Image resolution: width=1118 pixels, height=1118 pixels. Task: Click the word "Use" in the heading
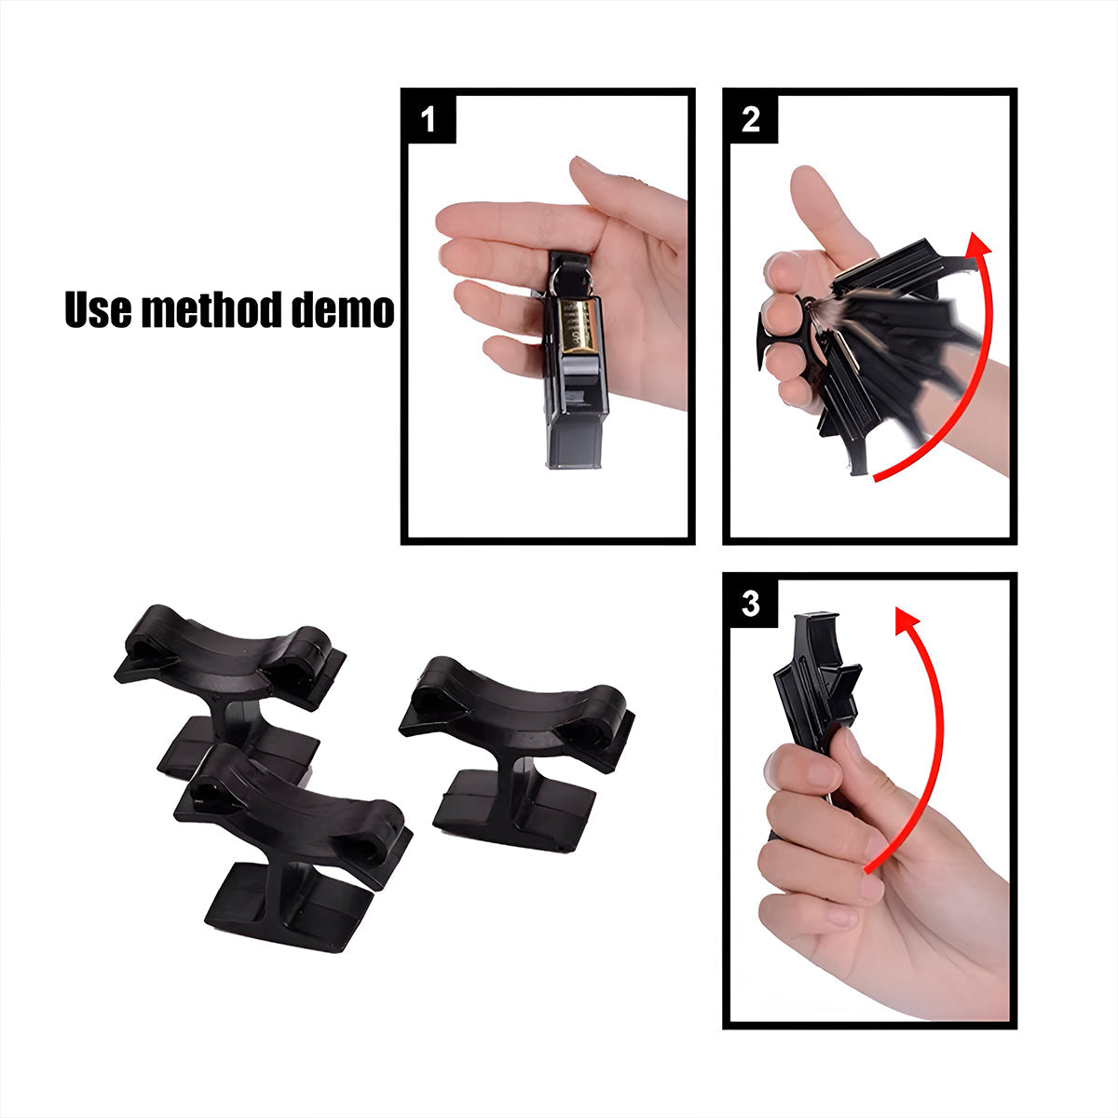tap(99, 309)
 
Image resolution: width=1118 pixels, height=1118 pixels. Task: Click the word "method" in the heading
tap(213, 309)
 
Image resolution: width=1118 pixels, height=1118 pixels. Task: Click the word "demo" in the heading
tap(343, 309)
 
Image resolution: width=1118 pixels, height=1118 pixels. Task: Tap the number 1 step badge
tap(429, 119)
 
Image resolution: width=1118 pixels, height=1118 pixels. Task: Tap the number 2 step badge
tap(750, 119)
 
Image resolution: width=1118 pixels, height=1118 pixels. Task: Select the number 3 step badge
tap(750, 604)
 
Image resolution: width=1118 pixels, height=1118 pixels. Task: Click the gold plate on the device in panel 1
tap(579, 326)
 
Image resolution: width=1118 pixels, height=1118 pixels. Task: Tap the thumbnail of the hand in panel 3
tap(852, 755)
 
